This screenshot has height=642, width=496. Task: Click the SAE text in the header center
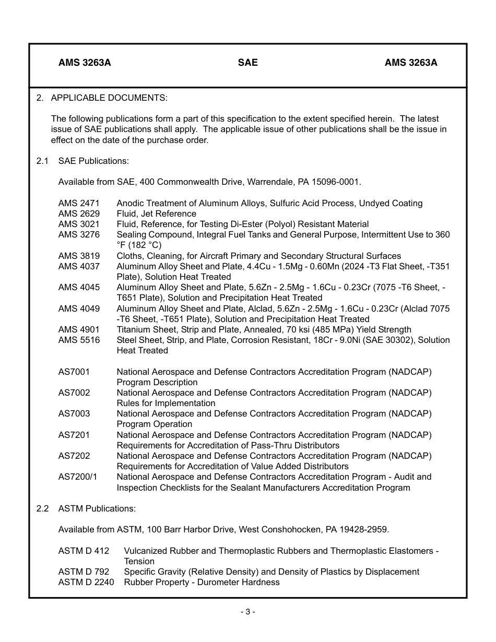247,63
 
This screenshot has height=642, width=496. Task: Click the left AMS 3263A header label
85,63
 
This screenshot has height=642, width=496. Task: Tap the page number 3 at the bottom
247,612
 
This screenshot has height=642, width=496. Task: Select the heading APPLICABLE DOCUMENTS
109,98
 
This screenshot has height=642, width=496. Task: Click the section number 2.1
42,161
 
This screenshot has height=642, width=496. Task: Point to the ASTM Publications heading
97,508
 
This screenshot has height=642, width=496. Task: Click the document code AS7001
74,372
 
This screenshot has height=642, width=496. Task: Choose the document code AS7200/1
78,477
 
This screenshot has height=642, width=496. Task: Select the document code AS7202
74,456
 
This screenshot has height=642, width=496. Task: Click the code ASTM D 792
84,572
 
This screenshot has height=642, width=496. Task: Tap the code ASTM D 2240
86,582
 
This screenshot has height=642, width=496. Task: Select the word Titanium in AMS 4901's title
134,329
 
